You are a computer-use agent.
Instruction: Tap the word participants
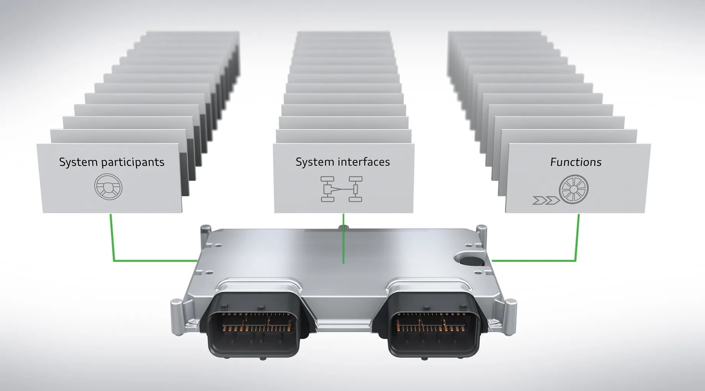[133, 163]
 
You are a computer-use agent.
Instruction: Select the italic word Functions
[575, 162]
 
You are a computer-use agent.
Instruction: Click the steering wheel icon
[108, 187]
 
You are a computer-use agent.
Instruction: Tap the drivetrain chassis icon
[341, 189]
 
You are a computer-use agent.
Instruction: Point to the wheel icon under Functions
[573, 189]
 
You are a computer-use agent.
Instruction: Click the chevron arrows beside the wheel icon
[546, 200]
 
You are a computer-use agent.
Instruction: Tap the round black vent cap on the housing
[471, 261]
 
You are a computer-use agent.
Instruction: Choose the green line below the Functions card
[577, 242]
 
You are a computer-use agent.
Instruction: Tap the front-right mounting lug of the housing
[510, 316]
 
